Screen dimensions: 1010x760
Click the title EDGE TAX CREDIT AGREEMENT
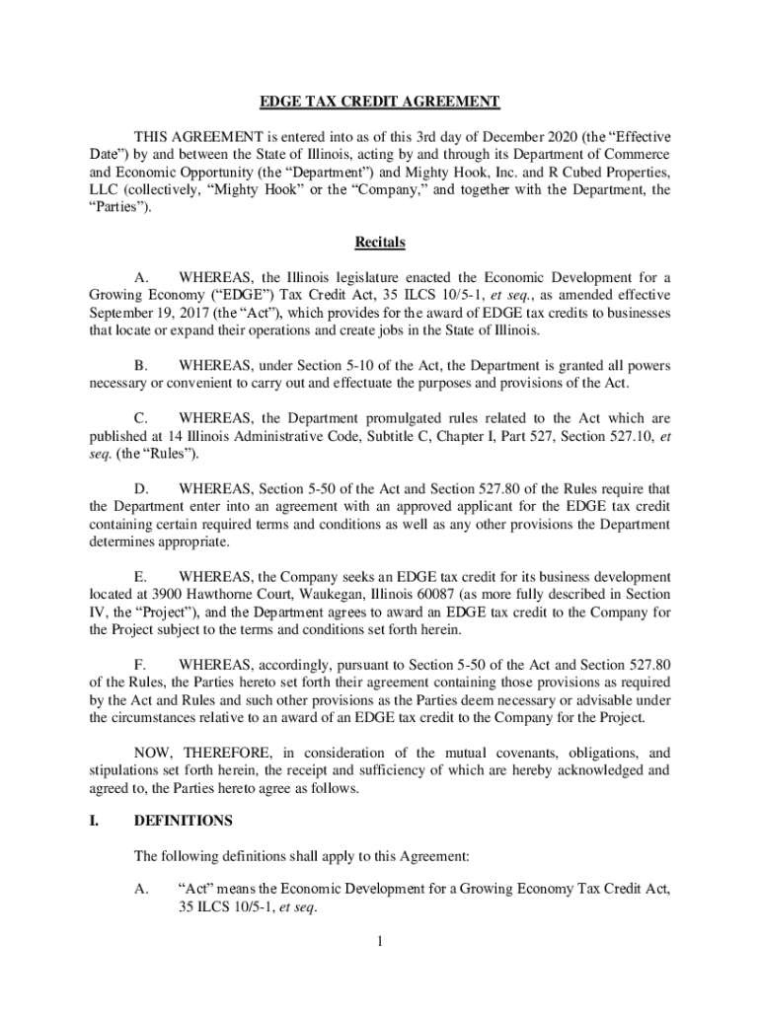click(380, 102)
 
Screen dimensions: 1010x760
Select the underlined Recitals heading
click(380, 242)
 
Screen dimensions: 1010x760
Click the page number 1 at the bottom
click(379, 942)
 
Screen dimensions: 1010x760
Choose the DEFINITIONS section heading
click(183, 820)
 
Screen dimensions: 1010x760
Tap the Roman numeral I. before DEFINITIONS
click(94, 820)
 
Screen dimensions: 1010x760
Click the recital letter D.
click(141, 488)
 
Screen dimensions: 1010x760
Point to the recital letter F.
click(140, 664)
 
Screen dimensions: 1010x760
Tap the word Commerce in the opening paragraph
click(640, 155)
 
